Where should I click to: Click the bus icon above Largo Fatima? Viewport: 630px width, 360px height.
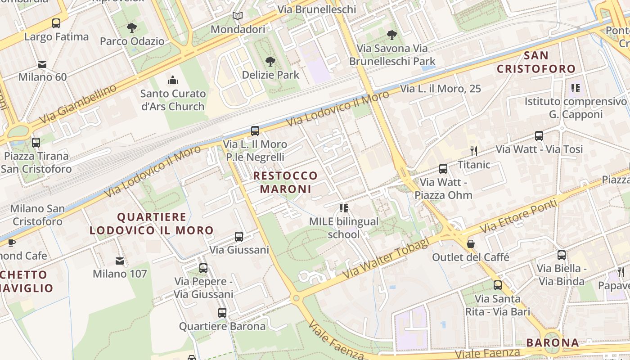(56, 23)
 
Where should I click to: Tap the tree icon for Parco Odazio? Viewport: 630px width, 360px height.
(132, 28)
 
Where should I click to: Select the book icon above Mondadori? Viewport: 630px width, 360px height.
(238, 16)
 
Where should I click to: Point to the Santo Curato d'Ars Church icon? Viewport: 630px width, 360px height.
(173, 81)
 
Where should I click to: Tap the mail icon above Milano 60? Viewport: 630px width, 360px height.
(42, 64)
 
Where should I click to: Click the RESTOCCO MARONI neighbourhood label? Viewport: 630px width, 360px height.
(285, 182)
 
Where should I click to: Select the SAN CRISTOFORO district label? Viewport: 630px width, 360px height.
(536, 62)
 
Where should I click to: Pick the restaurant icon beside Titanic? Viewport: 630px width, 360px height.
(473, 151)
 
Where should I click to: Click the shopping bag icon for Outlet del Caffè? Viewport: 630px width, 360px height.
(471, 244)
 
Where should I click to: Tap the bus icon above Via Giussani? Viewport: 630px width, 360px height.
(239, 236)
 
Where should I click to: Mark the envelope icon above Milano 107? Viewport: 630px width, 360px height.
(120, 261)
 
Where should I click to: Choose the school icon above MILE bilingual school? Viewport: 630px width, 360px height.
(344, 208)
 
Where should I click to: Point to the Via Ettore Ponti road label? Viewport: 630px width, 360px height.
(518, 216)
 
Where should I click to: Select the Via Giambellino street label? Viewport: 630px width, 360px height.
(77, 105)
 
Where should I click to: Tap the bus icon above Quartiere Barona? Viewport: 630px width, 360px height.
(222, 313)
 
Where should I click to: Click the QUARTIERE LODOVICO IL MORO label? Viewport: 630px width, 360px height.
(152, 224)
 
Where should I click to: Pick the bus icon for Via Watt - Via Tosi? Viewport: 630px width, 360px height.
(539, 135)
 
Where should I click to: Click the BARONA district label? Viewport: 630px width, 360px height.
(553, 342)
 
